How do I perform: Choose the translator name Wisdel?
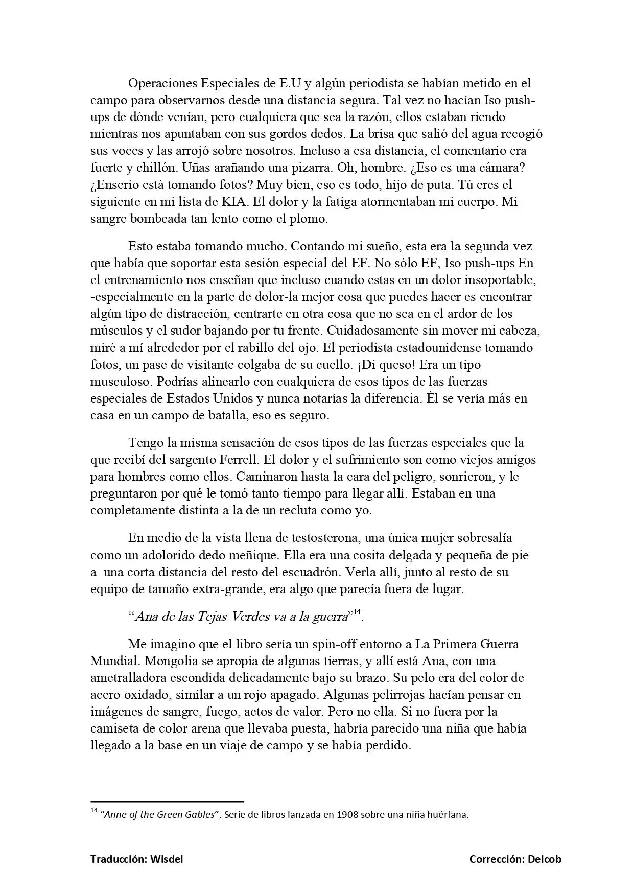click(167, 859)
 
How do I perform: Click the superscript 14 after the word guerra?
click(357, 611)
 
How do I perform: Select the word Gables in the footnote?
click(197, 814)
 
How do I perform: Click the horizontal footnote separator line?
click(167, 801)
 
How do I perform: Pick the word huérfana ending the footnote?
click(449, 814)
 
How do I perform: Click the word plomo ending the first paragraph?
click(308, 219)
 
